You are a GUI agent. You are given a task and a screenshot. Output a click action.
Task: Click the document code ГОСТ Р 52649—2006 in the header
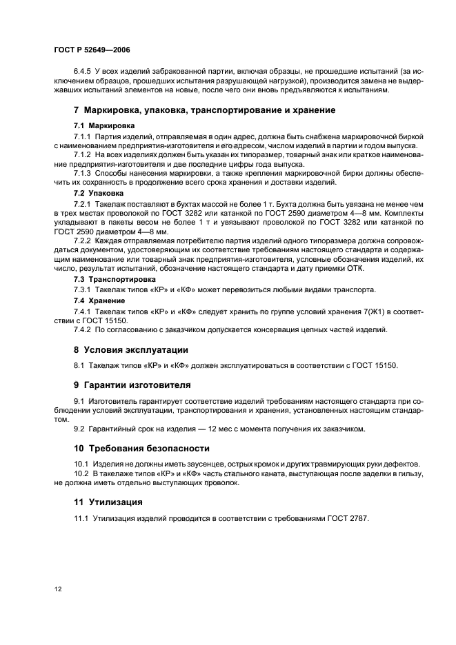[x=92, y=50]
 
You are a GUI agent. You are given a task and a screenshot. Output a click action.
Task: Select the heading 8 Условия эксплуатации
[x=130, y=349]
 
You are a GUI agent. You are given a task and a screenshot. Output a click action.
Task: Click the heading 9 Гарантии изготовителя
[x=132, y=384]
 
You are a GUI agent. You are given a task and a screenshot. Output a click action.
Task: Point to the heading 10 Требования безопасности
[x=141, y=448]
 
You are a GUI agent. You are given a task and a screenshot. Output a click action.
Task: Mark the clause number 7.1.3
[x=83, y=174]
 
